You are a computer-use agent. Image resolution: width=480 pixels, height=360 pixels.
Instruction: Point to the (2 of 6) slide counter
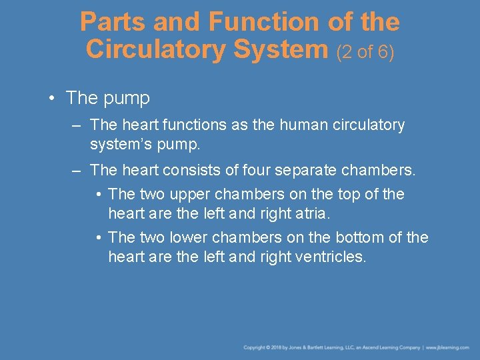tap(366, 51)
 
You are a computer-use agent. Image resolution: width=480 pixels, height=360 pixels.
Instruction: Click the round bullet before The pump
tap(52, 98)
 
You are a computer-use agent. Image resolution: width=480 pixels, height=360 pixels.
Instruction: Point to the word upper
tap(173, 194)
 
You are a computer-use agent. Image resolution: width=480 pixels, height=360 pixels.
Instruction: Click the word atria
tap(315, 215)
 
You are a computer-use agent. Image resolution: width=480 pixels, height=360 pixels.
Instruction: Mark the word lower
tap(174, 237)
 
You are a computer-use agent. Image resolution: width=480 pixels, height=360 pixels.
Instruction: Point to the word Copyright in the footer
tap(255, 347)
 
